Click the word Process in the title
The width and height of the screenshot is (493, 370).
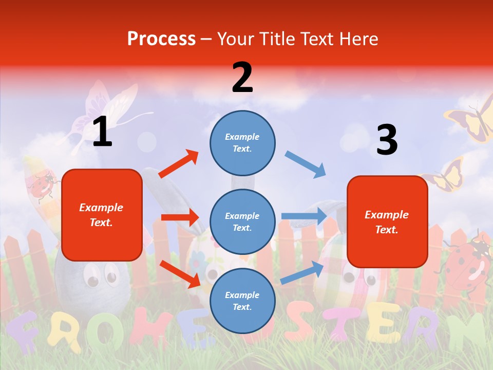(x=161, y=39)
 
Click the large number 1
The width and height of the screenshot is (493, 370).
(x=102, y=132)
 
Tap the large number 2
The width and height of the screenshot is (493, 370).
(x=242, y=77)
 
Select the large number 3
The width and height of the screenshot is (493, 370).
(x=387, y=140)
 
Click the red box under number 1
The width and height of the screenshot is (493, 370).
(x=102, y=215)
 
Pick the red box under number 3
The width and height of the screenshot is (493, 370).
(x=387, y=221)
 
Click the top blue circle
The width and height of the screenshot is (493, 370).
(x=242, y=143)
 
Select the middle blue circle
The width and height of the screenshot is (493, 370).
(x=242, y=221)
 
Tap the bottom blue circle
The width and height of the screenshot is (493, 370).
(x=242, y=301)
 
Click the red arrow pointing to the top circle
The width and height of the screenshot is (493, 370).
(x=178, y=164)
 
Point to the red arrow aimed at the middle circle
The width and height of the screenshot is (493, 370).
(x=180, y=217)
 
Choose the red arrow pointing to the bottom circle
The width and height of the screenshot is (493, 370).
(x=180, y=274)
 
